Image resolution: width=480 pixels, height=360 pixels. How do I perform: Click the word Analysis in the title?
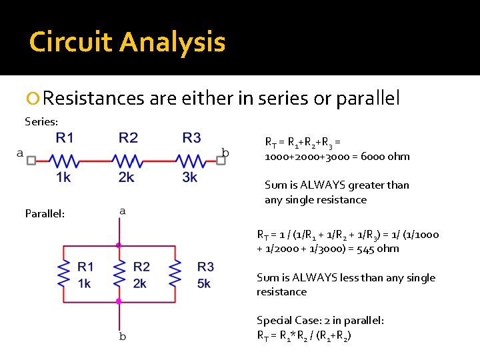click(x=173, y=43)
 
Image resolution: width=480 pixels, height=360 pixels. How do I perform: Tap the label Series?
click(x=41, y=121)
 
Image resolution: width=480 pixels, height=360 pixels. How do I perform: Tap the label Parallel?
click(x=45, y=213)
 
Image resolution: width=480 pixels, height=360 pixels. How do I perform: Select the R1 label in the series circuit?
click(x=65, y=138)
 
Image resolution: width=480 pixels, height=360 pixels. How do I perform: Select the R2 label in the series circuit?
click(x=128, y=138)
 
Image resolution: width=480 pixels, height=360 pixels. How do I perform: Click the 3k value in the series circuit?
click(x=190, y=177)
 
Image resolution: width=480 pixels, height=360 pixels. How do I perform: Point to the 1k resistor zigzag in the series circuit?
click(x=64, y=161)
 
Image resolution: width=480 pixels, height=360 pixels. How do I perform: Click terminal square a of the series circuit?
click(x=31, y=161)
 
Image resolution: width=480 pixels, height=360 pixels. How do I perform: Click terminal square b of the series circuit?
click(x=221, y=161)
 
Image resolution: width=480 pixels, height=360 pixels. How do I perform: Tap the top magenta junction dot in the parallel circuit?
click(x=119, y=245)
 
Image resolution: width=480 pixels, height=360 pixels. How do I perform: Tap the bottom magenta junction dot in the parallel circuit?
click(x=119, y=301)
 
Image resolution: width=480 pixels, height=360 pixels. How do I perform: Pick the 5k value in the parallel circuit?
click(x=204, y=283)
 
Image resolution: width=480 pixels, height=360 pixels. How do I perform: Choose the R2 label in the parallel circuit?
click(x=141, y=267)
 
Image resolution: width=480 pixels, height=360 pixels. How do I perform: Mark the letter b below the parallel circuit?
click(x=122, y=337)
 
